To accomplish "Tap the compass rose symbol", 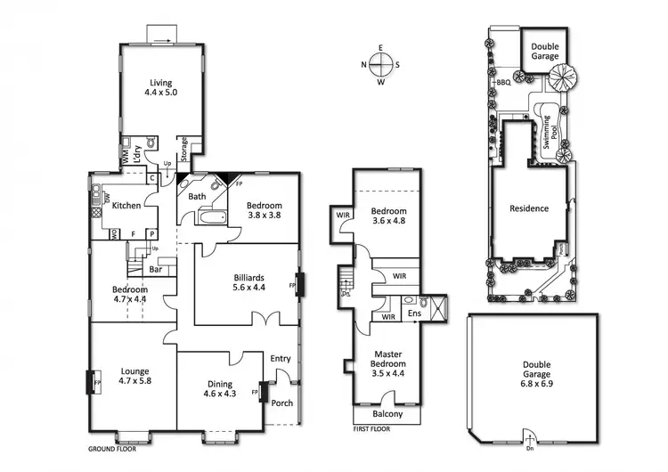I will [x=380, y=64].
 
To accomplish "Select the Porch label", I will [x=281, y=403].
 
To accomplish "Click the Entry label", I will [x=281, y=359].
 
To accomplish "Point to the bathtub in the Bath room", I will [x=215, y=217].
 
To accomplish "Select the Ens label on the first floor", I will [x=413, y=313].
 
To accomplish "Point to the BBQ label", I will [x=503, y=83].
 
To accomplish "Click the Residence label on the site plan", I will [x=528, y=208].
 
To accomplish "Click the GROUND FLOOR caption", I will [x=110, y=450].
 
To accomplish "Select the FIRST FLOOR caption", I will [x=373, y=428].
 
